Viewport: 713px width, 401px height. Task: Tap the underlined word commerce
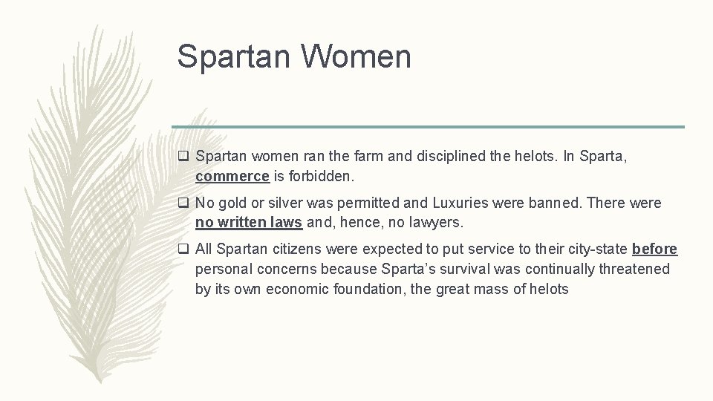[x=232, y=177]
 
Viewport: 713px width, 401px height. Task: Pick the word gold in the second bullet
[x=233, y=203]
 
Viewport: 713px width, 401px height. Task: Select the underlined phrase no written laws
[x=249, y=222]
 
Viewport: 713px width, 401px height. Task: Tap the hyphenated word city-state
[x=589, y=250]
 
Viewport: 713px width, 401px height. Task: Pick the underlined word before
[x=654, y=250]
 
